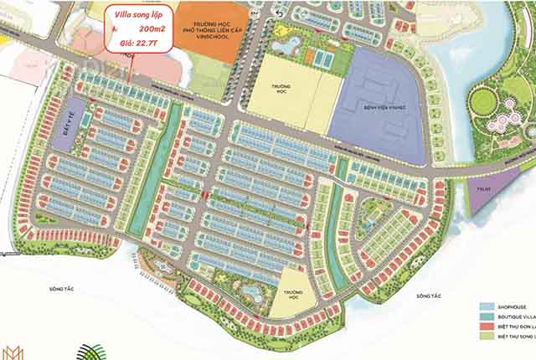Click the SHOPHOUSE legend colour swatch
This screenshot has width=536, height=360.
click(487, 307)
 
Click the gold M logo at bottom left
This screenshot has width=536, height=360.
click(13, 352)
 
